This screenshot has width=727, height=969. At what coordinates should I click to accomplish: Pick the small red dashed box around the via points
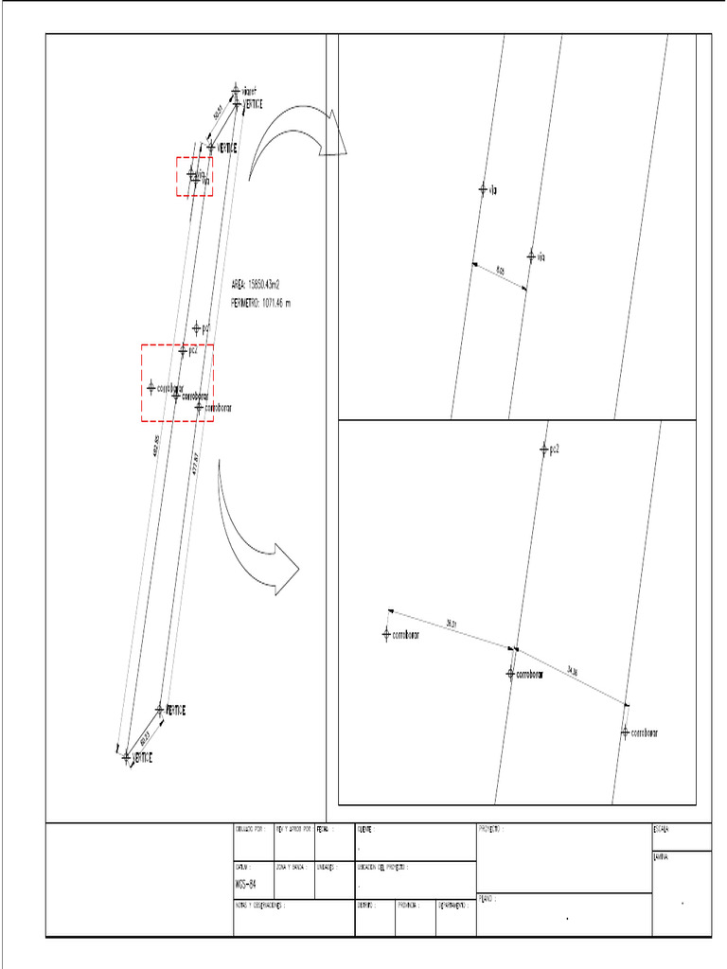click(194, 177)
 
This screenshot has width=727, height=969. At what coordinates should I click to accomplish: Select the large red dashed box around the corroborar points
click(177, 382)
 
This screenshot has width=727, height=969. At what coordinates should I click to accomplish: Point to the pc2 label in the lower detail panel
click(555, 449)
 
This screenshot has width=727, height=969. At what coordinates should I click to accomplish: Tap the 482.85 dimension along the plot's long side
click(157, 445)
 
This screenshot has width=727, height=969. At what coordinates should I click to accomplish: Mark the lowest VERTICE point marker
click(127, 757)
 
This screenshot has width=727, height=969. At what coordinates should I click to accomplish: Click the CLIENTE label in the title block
click(365, 829)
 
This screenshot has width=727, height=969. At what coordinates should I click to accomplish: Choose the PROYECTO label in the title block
click(488, 829)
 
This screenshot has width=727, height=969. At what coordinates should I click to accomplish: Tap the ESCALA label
click(661, 830)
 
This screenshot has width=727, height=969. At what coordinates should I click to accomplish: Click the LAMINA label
click(661, 857)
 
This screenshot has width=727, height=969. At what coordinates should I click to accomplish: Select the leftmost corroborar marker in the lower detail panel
click(386, 634)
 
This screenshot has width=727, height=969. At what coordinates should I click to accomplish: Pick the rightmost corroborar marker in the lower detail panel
click(626, 731)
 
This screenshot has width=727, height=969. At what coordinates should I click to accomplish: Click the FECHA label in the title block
click(324, 829)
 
